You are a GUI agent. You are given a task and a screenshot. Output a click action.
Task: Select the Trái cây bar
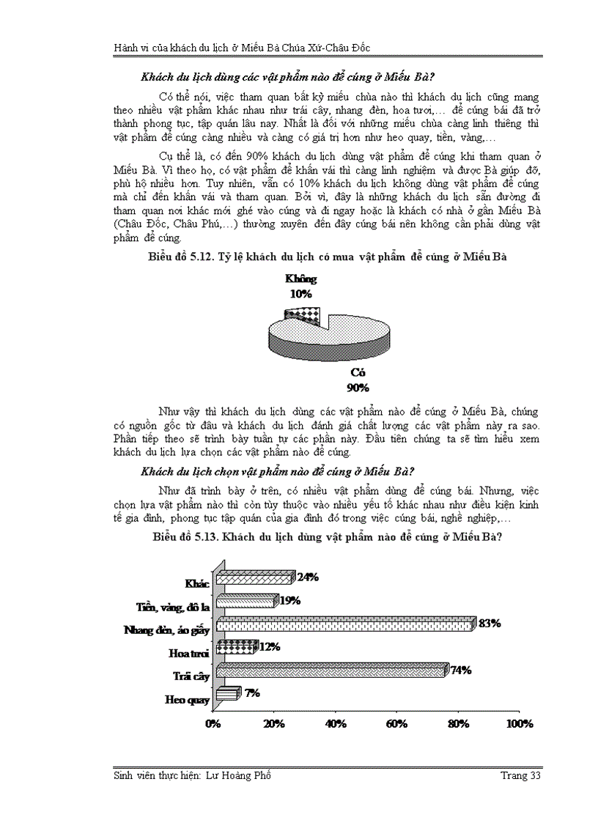pyautogui.click(x=329, y=670)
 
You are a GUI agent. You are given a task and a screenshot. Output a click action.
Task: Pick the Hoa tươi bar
pyautogui.click(x=235, y=647)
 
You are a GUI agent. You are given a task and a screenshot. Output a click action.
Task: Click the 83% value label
pyautogui.click(x=489, y=623)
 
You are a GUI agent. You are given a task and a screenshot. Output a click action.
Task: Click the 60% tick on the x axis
pyautogui.click(x=396, y=724)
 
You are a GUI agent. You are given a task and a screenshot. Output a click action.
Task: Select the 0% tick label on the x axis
pyautogui.click(x=213, y=724)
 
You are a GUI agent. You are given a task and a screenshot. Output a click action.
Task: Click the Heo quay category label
pyautogui.click(x=187, y=700)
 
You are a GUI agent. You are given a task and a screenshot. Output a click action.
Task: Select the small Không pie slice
pyautogui.click(x=302, y=315)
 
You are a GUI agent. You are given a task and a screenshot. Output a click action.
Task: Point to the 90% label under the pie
pyautogui.click(x=358, y=388)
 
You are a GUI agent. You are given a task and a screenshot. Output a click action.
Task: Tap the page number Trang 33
pyautogui.click(x=520, y=776)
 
